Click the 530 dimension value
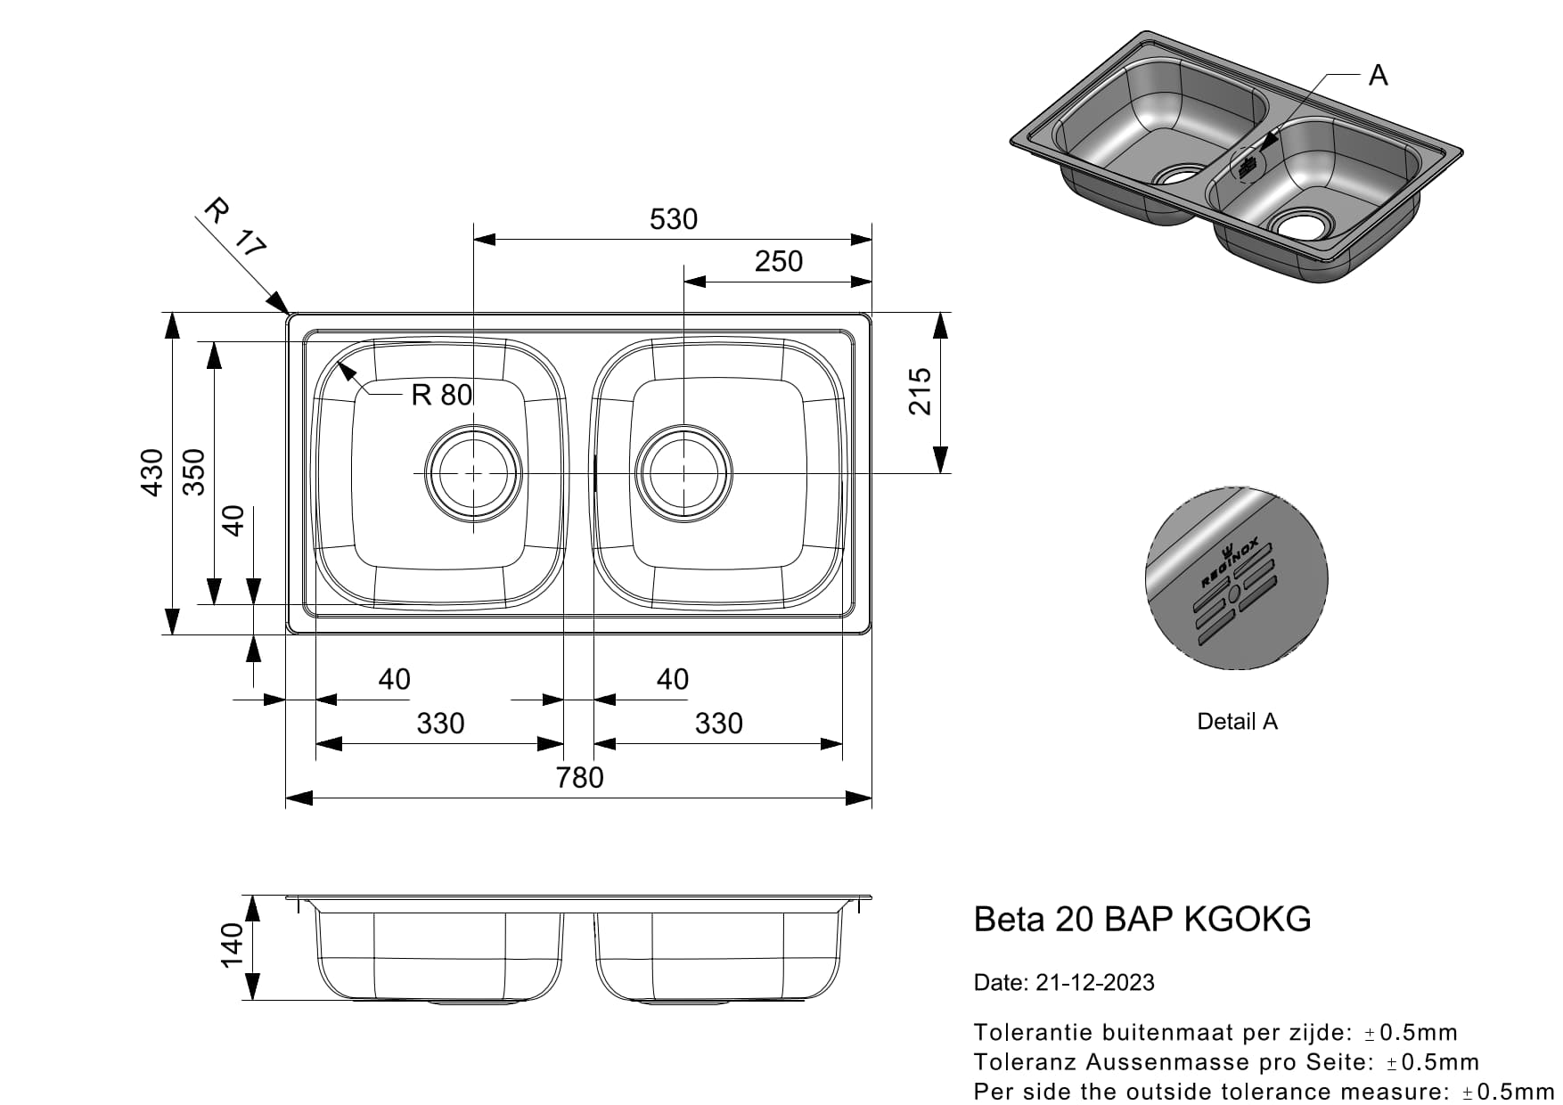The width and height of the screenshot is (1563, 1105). (673, 219)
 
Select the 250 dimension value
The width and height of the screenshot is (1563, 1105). (778, 261)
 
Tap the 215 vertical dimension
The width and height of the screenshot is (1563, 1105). (919, 391)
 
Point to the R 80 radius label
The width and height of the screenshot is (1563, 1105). (441, 394)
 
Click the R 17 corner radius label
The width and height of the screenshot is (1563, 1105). (234, 228)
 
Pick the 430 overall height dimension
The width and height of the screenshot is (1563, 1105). (152, 472)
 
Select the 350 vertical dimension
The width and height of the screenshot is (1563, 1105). (193, 472)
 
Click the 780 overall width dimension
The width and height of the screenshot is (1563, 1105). (579, 778)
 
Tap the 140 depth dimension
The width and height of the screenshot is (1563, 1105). (231, 945)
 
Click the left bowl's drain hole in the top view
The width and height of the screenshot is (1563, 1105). (473, 474)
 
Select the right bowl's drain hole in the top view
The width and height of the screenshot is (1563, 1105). (683, 474)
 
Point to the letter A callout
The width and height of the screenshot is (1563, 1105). (1378, 76)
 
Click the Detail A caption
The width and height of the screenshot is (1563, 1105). (1237, 722)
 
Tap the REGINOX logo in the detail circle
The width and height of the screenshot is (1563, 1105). (1229, 562)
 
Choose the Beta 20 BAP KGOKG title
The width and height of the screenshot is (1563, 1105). (1142, 919)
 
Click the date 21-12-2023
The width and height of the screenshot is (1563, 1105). (1094, 983)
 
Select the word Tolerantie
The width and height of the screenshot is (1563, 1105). (1034, 1033)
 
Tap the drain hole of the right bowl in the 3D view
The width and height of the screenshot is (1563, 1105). (1303, 225)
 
